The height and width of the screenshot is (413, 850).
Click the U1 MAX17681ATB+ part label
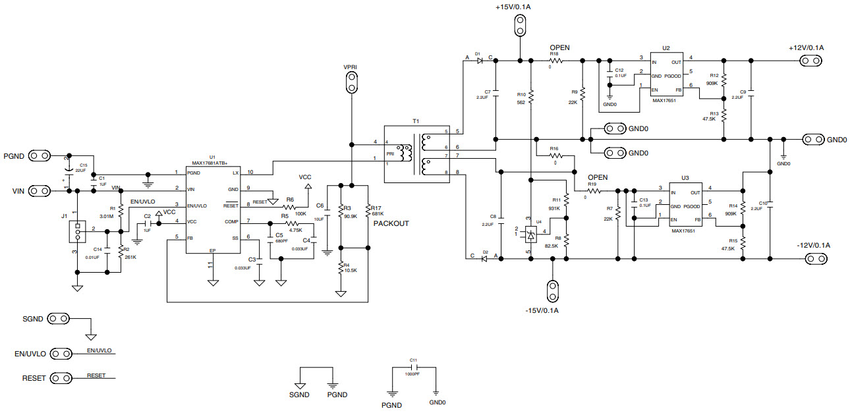[x=209, y=162]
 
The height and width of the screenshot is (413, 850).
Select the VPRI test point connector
[x=352, y=82]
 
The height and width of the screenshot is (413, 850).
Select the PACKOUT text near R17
[x=391, y=223]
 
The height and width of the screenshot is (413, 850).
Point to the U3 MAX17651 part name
[x=685, y=231]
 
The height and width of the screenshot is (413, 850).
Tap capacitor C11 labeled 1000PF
[x=414, y=368]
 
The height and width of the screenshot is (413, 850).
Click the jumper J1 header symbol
[x=78, y=231]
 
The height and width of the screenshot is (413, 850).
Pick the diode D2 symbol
[x=485, y=259]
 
